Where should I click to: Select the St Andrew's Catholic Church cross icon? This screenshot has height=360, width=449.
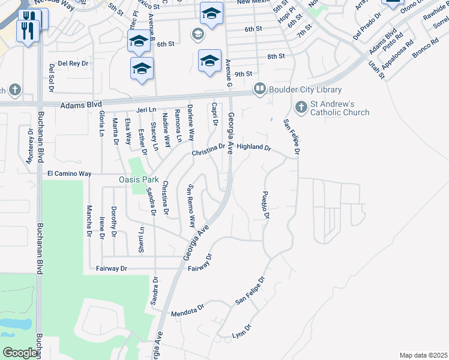[301, 108]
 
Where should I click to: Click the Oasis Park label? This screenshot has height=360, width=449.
[140, 179]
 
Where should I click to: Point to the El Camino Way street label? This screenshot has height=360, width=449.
[69, 173]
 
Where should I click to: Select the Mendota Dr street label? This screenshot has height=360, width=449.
[188, 313]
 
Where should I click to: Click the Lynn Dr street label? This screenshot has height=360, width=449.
[242, 331]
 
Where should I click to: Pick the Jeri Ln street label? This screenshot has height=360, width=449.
[146, 110]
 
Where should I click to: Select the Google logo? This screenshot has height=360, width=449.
[20, 353]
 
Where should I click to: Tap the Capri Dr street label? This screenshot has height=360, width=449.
[214, 115]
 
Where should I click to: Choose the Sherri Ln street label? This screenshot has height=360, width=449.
[142, 239]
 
